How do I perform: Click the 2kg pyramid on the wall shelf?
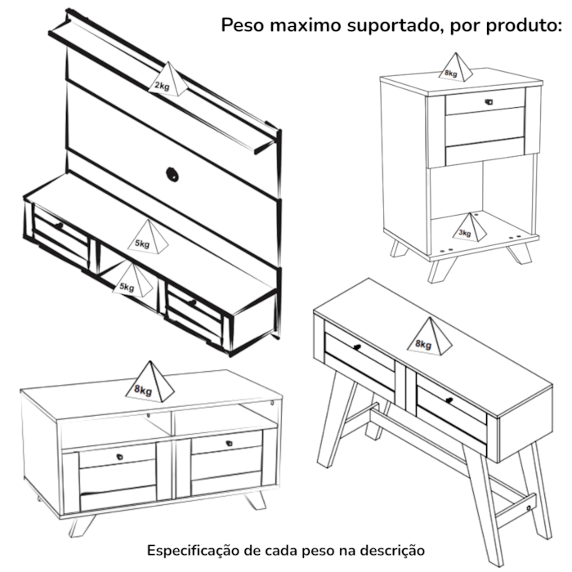tap(168, 80)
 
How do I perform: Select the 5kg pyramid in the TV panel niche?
tap(132, 280)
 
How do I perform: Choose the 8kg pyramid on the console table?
tap(430, 337)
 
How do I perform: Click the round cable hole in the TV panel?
tap(172, 174)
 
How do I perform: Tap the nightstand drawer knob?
tap(489, 102)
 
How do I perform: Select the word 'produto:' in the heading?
tap(524, 25)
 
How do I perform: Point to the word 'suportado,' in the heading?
tap(395, 26)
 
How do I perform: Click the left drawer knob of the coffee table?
tap(119, 457)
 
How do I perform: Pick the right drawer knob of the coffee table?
tap(229, 444)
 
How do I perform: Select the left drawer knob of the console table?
tap(357, 347)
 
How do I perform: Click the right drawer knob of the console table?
tap(449, 400)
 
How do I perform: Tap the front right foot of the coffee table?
tap(256, 500)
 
